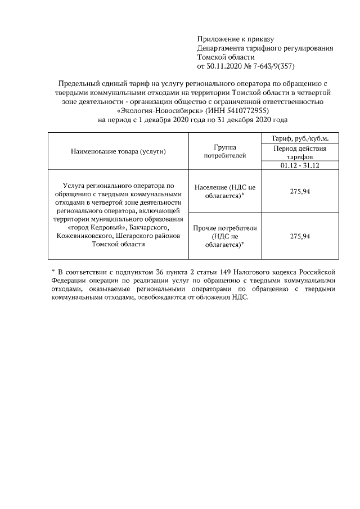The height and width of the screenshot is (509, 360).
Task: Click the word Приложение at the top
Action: [x=216, y=39]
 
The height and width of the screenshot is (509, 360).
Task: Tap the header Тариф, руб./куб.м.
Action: [x=300, y=138]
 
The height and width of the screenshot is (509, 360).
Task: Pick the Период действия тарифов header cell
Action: [x=300, y=152]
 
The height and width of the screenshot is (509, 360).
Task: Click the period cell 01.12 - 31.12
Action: [x=300, y=165]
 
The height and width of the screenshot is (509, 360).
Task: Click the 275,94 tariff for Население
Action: [x=300, y=191]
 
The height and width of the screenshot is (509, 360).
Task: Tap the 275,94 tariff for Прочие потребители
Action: [x=300, y=237]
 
